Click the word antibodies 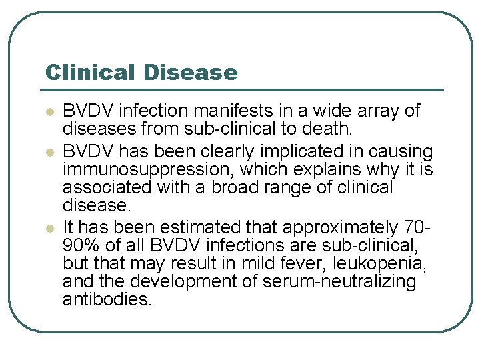(x=107, y=299)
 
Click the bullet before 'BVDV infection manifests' (x=47, y=111)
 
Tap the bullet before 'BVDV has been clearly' (x=47, y=152)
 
